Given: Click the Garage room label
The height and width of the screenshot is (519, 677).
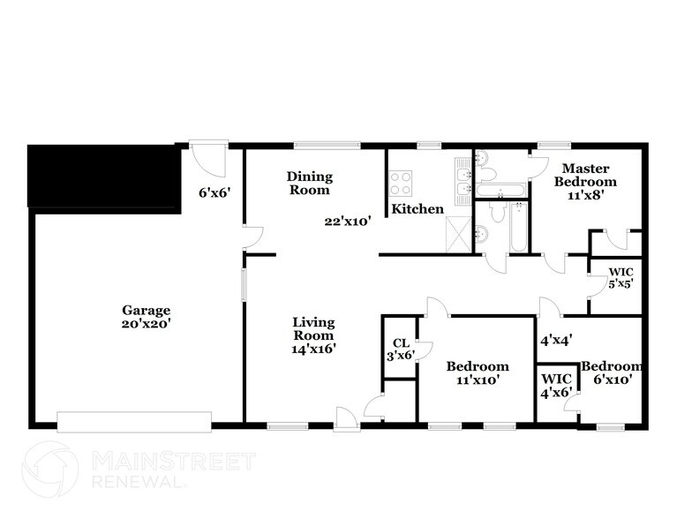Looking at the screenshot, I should click(x=146, y=310).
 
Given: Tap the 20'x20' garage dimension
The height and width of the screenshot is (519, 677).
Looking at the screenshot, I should click(x=146, y=323).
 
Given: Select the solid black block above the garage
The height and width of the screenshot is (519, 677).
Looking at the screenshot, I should click(x=103, y=179).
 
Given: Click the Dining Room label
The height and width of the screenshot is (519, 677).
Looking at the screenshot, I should click(x=308, y=183).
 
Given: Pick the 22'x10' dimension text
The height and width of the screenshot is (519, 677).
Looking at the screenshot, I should click(x=347, y=222).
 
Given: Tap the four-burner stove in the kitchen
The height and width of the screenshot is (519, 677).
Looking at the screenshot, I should click(x=401, y=184).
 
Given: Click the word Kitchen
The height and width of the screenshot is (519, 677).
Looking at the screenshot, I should click(x=417, y=209).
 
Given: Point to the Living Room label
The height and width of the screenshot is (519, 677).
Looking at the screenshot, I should click(x=313, y=335).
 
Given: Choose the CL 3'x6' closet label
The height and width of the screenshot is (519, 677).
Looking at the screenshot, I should click(x=399, y=350).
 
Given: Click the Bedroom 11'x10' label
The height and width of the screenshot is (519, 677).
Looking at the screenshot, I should click(x=477, y=372).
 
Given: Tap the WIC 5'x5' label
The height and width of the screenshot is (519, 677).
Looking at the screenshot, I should click(x=621, y=277).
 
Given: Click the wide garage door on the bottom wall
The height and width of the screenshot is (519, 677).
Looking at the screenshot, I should click(x=134, y=420).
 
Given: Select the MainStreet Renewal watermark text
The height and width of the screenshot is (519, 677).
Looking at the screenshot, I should click(x=173, y=470).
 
